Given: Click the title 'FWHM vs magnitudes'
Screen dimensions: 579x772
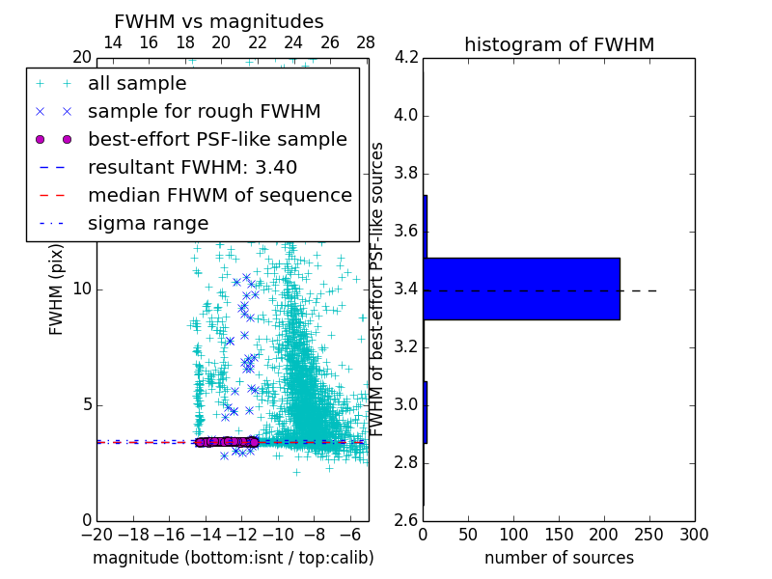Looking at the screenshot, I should [x=219, y=22].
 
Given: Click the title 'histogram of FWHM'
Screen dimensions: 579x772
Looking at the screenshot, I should [x=559, y=45].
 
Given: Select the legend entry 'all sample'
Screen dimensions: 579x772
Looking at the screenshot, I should [x=137, y=84].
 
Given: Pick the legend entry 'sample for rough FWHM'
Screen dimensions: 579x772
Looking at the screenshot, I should [x=204, y=112].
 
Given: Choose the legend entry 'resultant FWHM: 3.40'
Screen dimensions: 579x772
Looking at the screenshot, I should [x=192, y=168].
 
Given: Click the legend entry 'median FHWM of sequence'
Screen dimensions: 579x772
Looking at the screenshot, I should [x=220, y=196].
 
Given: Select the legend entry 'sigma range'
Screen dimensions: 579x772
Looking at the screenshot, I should [x=148, y=224].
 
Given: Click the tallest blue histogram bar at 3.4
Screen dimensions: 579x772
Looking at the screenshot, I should [x=521, y=289].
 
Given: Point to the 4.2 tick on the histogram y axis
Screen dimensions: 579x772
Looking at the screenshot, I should [x=407, y=58].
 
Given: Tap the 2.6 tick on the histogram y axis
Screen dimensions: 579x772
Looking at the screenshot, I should [x=407, y=521].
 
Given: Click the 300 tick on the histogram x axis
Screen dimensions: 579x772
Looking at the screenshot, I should [x=694, y=535].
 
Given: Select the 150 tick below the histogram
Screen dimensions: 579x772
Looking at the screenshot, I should [x=559, y=535].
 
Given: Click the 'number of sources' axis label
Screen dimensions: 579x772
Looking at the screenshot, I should [x=559, y=558].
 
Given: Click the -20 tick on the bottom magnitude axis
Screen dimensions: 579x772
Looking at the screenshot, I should [x=96, y=535].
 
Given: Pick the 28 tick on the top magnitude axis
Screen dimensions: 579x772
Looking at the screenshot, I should [x=366, y=43].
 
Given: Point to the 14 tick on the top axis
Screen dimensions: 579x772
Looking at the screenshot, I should [x=112, y=43].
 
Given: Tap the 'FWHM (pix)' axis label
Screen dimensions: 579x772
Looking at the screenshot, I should [x=57, y=289].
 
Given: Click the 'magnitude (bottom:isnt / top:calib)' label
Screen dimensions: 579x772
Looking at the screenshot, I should [x=233, y=558].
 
